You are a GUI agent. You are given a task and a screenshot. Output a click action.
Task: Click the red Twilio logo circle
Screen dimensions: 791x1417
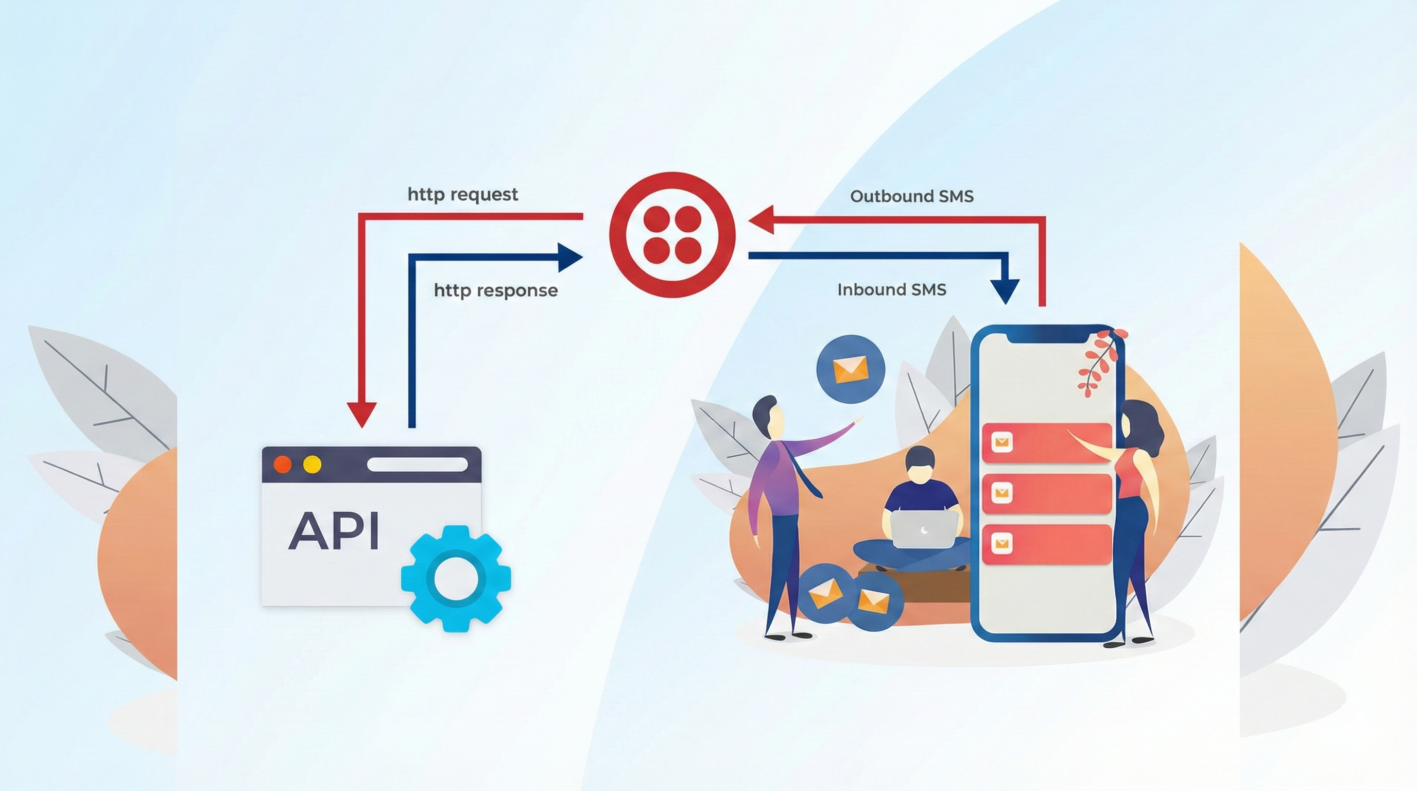(x=671, y=235)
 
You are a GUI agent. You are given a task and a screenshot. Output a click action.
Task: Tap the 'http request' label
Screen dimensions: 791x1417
(x=462, y=195)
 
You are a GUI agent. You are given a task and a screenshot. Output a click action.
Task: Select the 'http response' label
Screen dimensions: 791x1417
(x=496, y=290)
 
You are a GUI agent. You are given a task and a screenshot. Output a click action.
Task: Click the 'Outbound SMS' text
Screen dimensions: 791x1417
(x=911, y=196)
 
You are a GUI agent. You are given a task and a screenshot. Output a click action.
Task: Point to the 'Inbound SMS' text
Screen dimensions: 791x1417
(x=891, y=289)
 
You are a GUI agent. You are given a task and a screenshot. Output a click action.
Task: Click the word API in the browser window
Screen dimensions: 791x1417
(x=334, y=531)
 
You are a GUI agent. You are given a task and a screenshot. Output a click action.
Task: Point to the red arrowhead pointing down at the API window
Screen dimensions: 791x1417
(x=362, y=414)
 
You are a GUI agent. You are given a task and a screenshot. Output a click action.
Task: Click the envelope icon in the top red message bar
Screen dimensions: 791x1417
(x=1001, y=442)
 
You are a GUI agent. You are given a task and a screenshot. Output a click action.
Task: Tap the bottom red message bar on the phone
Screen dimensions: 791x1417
(x=1046, y=544)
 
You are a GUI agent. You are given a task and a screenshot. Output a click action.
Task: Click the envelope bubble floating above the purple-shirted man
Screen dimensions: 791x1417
(x=851, y=369)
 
